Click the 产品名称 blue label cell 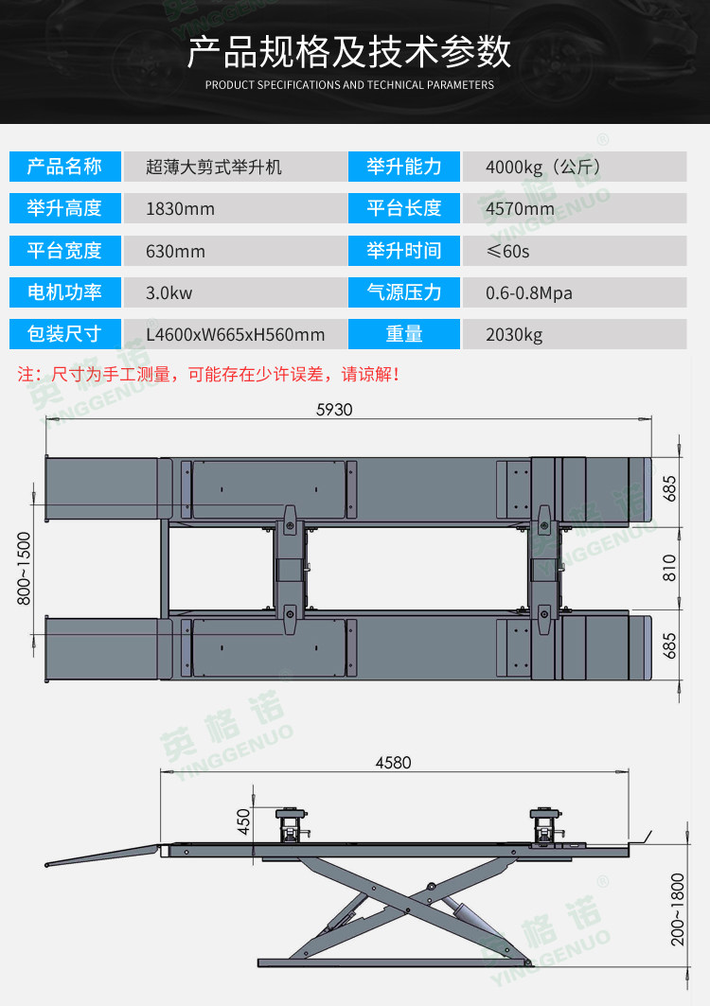(x=64, y=168)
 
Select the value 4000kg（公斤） (x=543, y=168)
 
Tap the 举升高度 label (x=64, y=209)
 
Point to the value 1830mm (x=180, y=209)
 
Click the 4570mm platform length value (x=517, y=209)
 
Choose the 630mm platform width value (x=175, y=252)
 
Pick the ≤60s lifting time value (x=507, y=252)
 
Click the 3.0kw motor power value (x=169, y=293)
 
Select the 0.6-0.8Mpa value (x=529, y=293)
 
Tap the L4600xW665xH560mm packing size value (x=235, y=335)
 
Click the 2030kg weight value (x=514, y=335)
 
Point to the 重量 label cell (x=404, y=335)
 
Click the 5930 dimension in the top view (x=333, y=410)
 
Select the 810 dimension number (x=670, y=567)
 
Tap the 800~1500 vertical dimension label (x=24, y=568)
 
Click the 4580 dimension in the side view (x=394, y=763)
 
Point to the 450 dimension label (x=244, y=821)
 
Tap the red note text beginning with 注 (x=209, y=375)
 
